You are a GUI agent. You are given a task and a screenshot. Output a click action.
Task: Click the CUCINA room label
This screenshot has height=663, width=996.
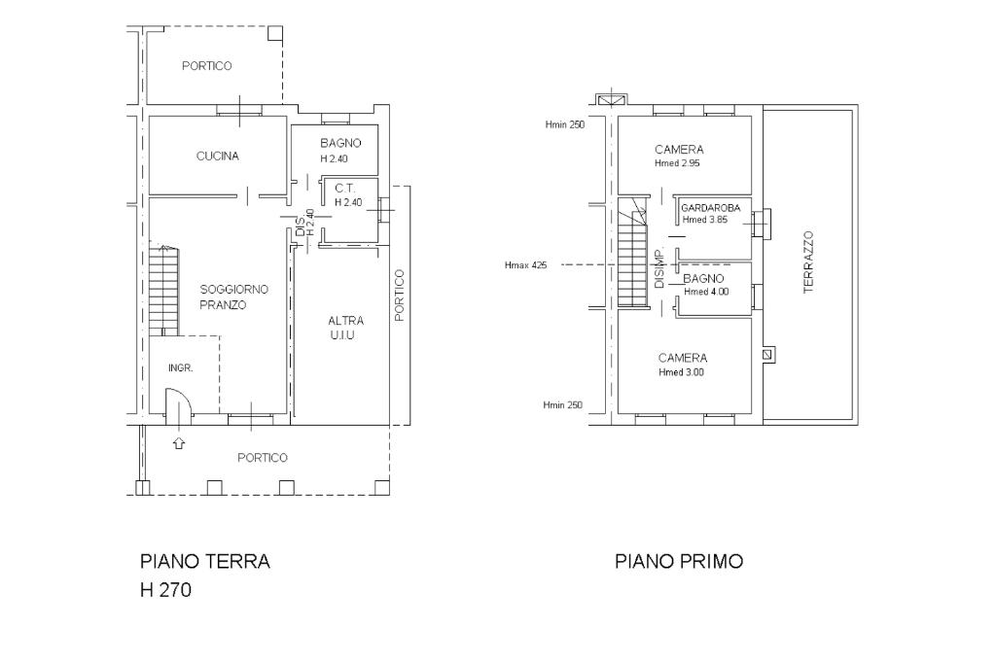click(x=217, y=157)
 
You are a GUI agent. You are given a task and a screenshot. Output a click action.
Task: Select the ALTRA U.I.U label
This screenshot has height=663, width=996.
click(x=345, y=328)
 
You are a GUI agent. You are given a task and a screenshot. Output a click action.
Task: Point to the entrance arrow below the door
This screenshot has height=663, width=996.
click(x=179, y=442)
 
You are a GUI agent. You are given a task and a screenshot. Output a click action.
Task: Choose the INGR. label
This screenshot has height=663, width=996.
click(x=180, y=368)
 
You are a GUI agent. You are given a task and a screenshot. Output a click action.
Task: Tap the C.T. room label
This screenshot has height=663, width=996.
click(x=345, y=189)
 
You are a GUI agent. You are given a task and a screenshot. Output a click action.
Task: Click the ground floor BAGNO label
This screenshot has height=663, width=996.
click(x=340, y=144)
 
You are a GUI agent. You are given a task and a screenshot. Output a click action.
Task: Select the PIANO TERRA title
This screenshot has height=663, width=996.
click(x=204, y=561)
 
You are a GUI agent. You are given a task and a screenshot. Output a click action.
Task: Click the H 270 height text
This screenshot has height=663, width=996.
click(x=165, y=591)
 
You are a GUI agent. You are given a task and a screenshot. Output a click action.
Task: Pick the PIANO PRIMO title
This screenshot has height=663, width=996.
click(x=678, y=561)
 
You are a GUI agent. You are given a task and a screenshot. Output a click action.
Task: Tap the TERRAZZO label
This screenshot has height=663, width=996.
click(x=808, y=262)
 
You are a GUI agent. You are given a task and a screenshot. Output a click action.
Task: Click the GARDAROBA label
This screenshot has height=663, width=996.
click(x=711, y=208)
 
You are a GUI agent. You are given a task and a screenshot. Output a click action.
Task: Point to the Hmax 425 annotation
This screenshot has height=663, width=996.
click(x=525, y=265)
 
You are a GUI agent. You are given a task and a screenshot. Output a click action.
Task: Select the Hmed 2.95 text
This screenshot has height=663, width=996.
click(x=677, y=163)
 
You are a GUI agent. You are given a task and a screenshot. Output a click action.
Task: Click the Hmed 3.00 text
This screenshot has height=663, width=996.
click(x=681, y=372)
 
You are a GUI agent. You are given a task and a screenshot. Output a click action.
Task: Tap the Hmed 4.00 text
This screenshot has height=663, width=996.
click(x=706, y=292)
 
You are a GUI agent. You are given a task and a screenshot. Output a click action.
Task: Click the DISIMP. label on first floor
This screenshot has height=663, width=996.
click(x=658, y=267)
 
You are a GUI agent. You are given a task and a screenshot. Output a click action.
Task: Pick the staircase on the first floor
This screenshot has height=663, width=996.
click(x=632, y=252)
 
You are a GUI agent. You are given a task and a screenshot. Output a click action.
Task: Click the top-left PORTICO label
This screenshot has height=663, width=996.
click(x=206, y=66)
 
